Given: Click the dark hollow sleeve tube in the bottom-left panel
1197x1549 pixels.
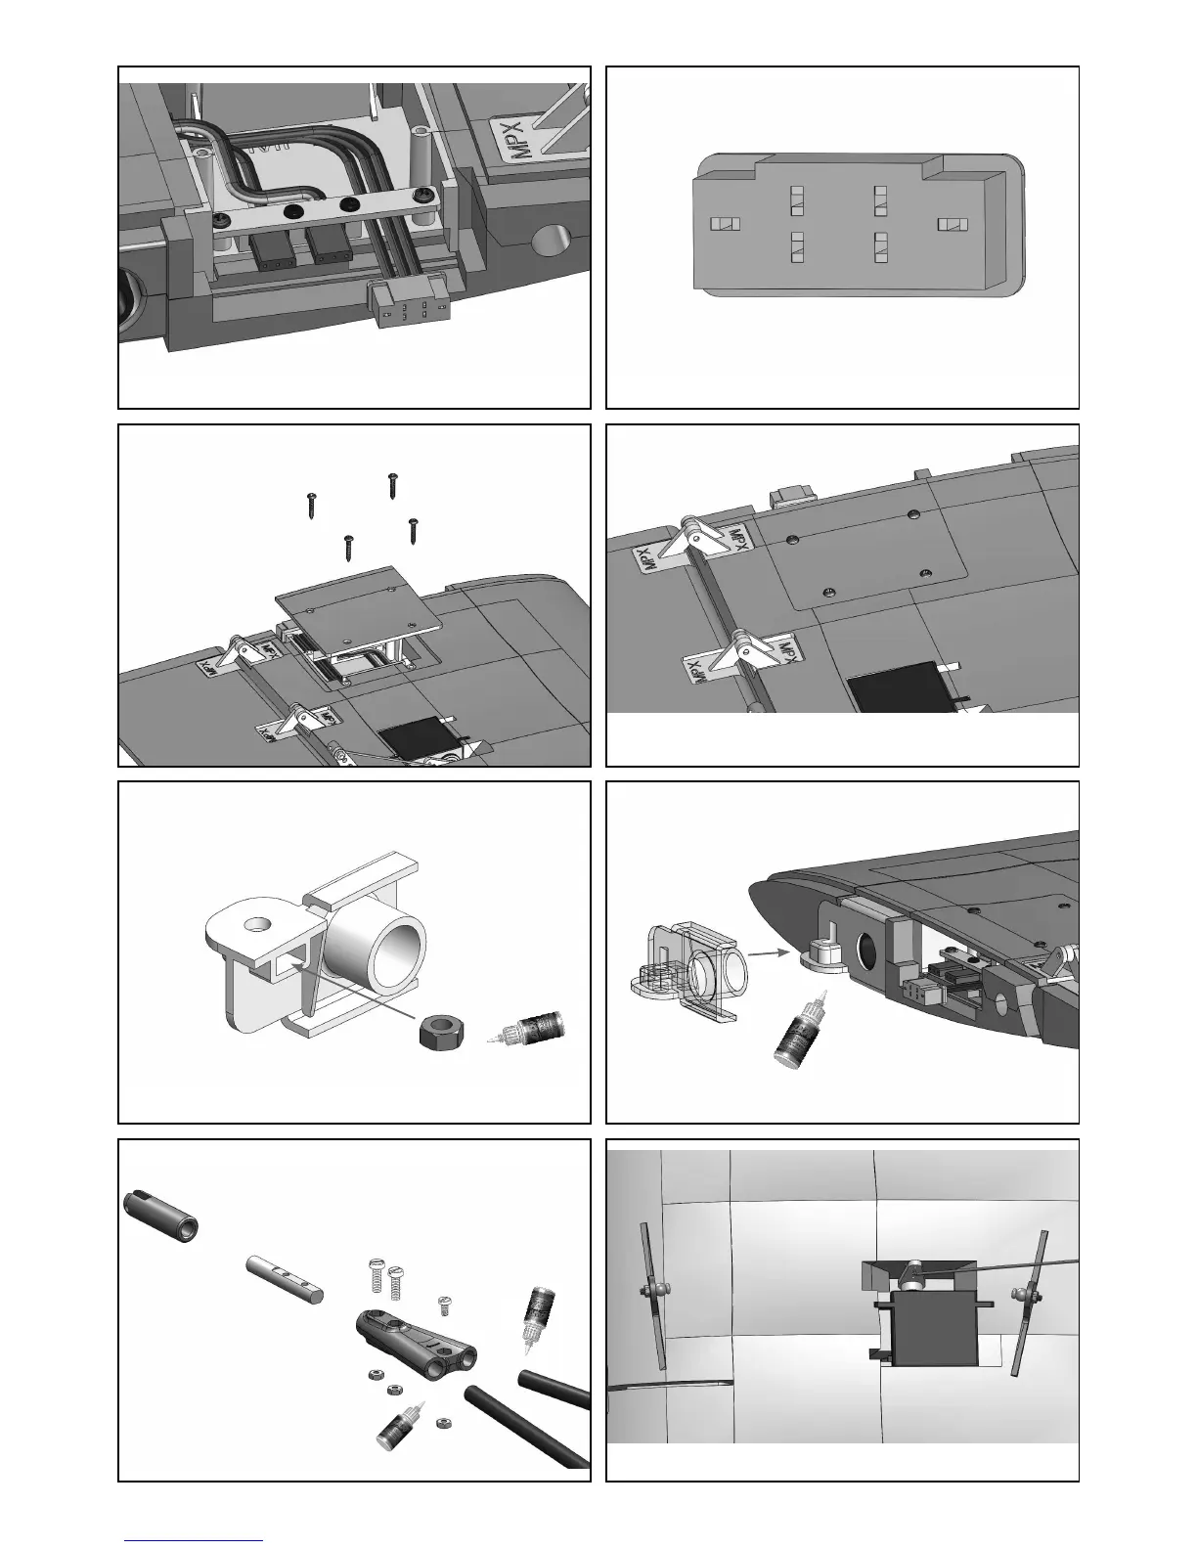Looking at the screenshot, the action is click(x=161, y=1214).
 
